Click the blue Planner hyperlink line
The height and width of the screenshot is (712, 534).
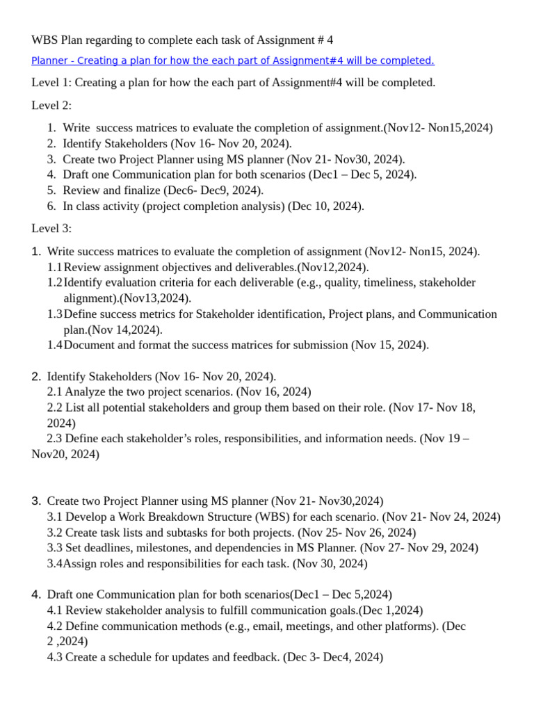tap(233, 61)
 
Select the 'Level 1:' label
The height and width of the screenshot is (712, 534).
tap(51, 83)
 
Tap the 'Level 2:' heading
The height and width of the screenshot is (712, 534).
tap(51, 106)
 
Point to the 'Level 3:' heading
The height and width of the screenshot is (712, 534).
tap(51, 229)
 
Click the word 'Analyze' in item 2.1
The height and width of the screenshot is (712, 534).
tap(85, 392)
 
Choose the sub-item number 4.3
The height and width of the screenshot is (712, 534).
tap(55, 657)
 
